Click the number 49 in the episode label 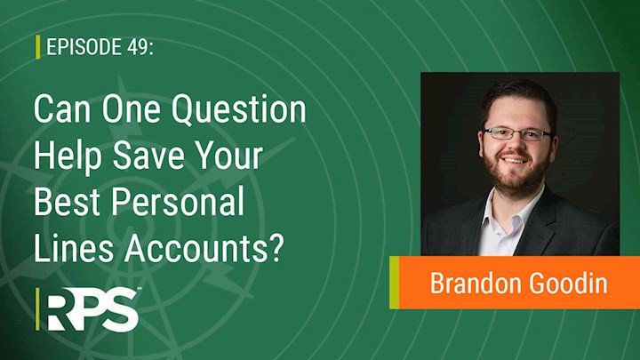136,47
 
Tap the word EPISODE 84,47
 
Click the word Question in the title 239,110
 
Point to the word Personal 178,203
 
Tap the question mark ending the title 277,248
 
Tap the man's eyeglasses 517,134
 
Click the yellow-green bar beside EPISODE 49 38,47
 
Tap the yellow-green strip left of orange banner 394,283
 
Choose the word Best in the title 67,202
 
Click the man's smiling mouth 514,160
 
